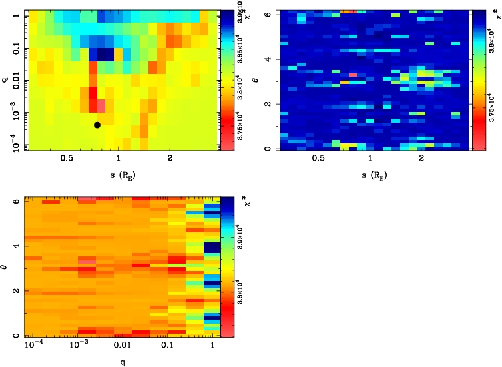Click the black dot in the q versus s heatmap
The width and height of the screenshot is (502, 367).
click(97, 125)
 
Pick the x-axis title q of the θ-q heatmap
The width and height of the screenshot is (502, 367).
click(119, 363)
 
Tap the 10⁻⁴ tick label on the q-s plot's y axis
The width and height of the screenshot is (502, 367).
click(11, 142)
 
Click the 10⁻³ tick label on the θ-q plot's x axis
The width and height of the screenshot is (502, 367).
click(78, 347)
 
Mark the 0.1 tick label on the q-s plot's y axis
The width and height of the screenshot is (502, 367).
click(11, 50)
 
